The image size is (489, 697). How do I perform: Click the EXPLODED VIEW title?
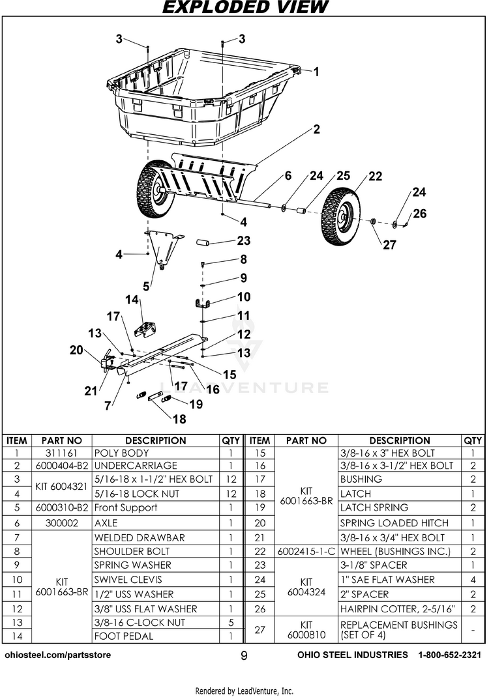tap(244, 8)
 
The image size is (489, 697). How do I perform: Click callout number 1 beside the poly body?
tap(316, 72)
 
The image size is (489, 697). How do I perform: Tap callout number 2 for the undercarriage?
tap(316, 130)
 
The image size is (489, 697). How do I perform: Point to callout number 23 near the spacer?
tap(244, 241)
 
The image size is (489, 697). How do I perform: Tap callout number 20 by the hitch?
tap(77, 350)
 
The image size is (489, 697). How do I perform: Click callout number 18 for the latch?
tap(178, 420)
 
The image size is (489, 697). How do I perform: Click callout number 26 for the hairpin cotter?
tap(420, 213)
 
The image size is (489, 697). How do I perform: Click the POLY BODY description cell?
tap(122, 453)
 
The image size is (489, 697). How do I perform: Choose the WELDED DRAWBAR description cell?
tap(140, 537)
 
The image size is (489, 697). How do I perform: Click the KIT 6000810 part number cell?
tap(306, 629)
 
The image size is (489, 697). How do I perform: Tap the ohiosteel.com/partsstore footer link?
tap(58, 655)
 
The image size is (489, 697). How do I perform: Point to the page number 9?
tap(244, 655)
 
